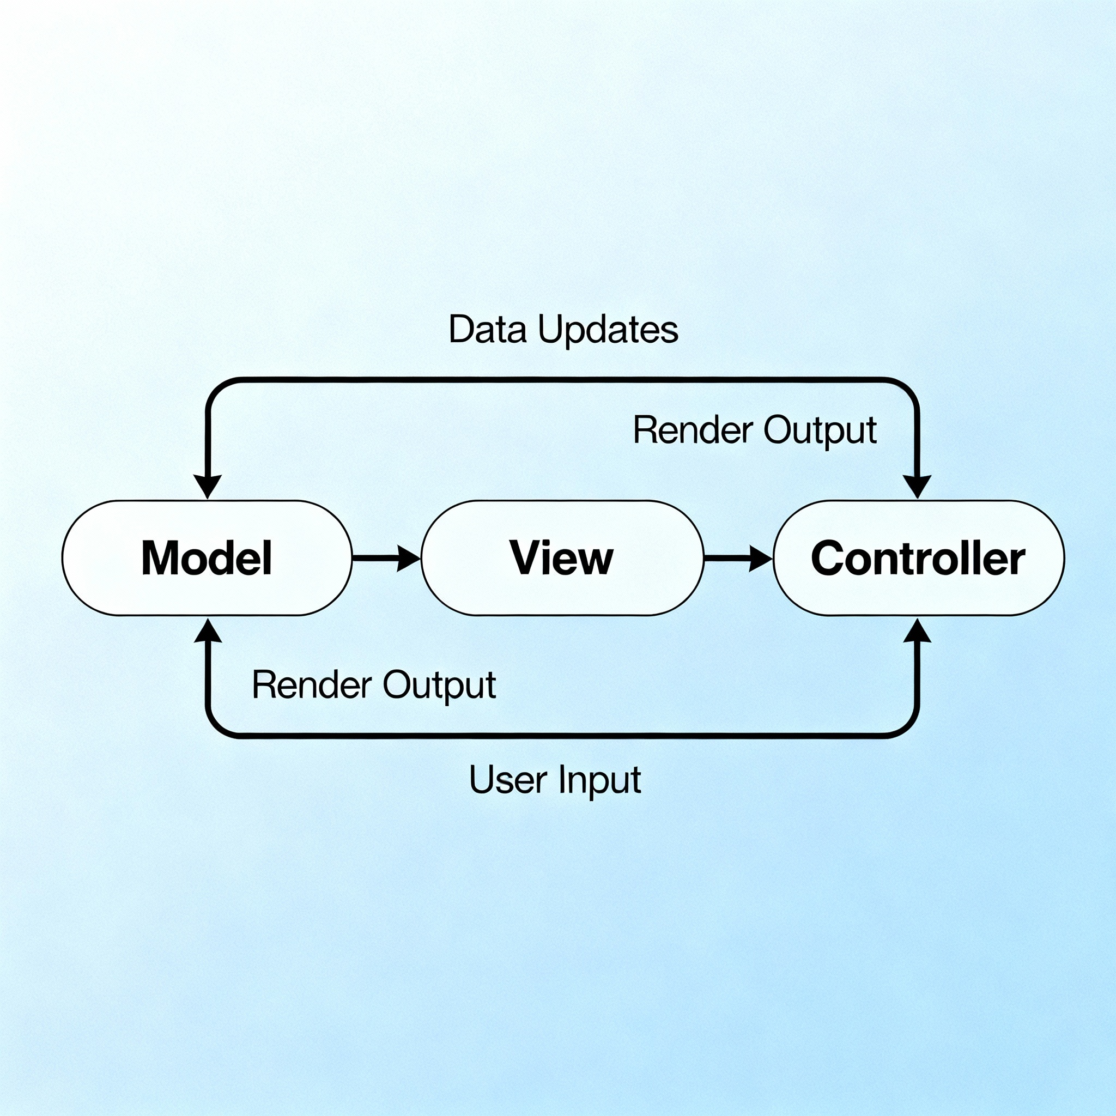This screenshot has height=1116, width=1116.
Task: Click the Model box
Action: pos(207,557)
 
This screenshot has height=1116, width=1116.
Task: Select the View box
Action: pos(562,557)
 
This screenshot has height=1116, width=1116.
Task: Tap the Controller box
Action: pos(918,557)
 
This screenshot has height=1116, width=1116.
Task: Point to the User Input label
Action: pos(555,780)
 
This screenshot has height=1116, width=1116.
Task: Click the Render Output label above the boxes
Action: pos(754,430)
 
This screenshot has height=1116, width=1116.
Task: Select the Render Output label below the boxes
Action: pos(374,685)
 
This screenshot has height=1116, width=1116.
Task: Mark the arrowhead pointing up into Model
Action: pos(208,631)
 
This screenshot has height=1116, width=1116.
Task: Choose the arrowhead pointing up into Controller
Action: pos(917,631)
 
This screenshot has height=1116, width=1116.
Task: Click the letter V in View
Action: pos(525,557)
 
